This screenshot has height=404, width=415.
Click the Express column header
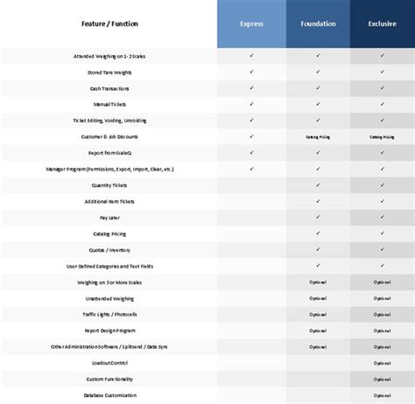[251, 24]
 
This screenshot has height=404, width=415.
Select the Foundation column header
[318, 24]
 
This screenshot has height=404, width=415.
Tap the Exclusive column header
[383, 24]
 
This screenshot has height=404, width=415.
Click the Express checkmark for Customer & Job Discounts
[251, 136]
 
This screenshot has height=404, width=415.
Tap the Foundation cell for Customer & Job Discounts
[318, 136]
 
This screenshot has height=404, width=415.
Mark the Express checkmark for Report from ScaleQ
[251, 152]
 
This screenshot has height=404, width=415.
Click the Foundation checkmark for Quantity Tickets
[318, 185]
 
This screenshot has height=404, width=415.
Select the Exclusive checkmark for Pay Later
[383, 218]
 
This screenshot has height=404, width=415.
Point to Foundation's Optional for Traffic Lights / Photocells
[318, 315]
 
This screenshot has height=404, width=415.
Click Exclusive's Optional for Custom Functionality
[383, 379]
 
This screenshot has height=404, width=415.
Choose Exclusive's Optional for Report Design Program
[383, 331]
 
